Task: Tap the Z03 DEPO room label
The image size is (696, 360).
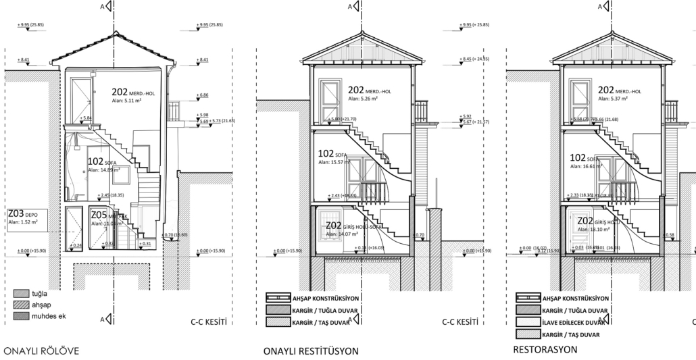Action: point(26,214)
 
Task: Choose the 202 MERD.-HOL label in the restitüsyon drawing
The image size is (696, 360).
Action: point(370,90)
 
